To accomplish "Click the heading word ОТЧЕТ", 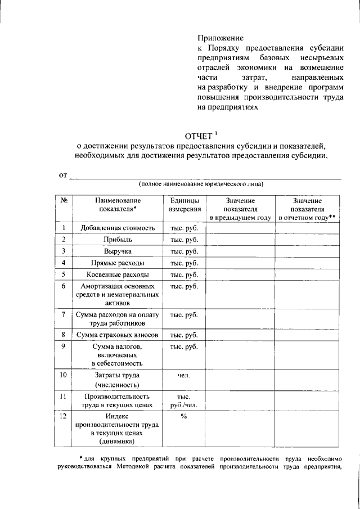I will pos(198,137).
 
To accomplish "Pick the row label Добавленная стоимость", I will pos(118,228).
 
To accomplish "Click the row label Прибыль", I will pos(118,240).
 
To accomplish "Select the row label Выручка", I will pos(118,251).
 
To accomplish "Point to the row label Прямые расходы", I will pos(118,263).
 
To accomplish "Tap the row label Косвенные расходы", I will pos(118,275).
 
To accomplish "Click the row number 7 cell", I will pos(64,314).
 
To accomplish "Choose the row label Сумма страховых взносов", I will pos(118,335).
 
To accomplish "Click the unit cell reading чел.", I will pos(184,375).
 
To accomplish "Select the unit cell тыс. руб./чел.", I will pos(184,400).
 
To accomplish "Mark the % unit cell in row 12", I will pos(184,417).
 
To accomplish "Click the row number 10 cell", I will pos(64,375).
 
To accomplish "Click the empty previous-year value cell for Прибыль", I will pos(240,240).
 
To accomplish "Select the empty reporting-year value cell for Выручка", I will pos(307,251).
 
